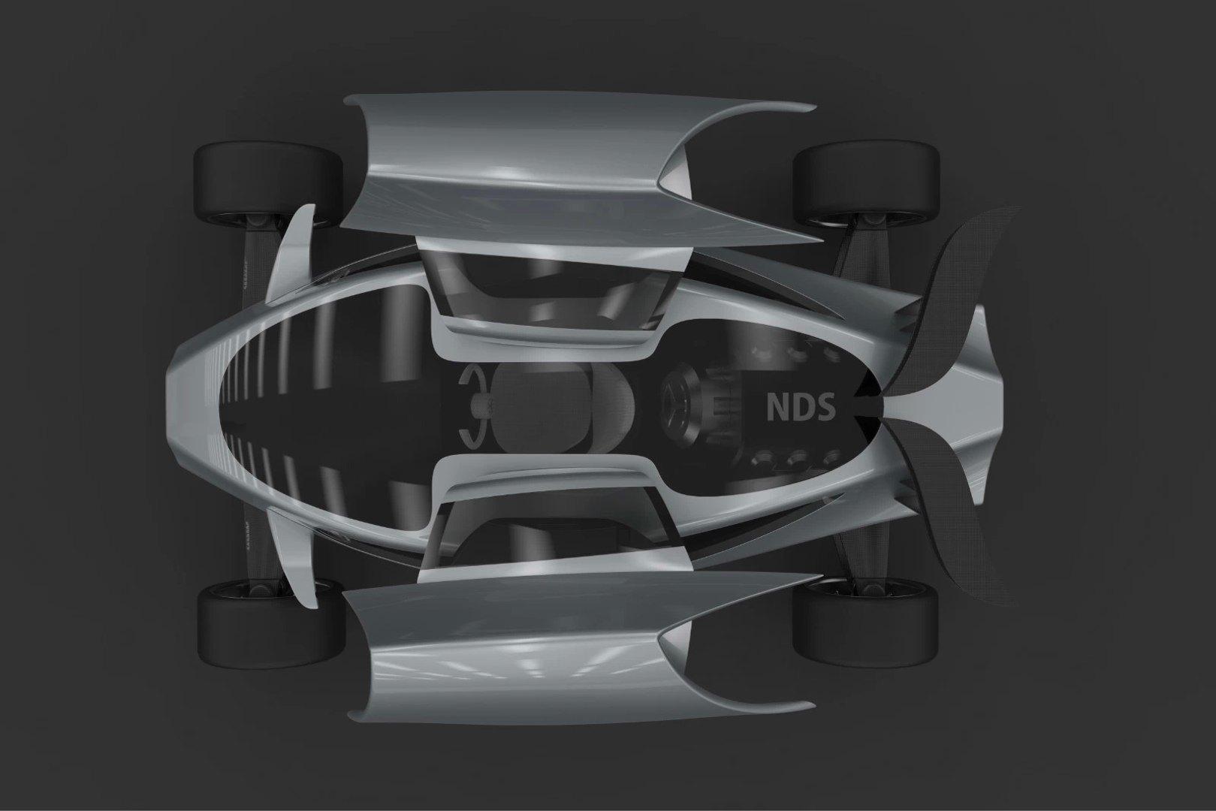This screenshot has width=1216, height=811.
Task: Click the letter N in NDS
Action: click(777, 407)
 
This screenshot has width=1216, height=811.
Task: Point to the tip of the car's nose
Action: click(171, 406)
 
